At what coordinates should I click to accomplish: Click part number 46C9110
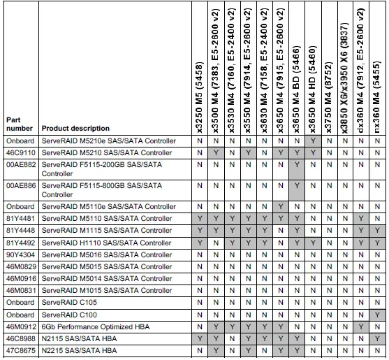tap(20, 152)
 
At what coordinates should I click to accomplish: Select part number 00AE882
tap(20, 164)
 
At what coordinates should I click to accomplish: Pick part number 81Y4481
tap(20, 219)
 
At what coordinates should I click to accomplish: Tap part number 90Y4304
tap(20, 254)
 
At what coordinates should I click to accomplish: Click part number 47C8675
tap(20, 350)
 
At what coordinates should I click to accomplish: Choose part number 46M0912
tap(20, 326)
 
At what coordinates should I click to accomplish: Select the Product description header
tap(75, 129)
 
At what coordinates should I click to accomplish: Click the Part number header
tap(19, 124)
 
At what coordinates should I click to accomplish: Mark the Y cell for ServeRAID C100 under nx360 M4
tap(378, 315)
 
